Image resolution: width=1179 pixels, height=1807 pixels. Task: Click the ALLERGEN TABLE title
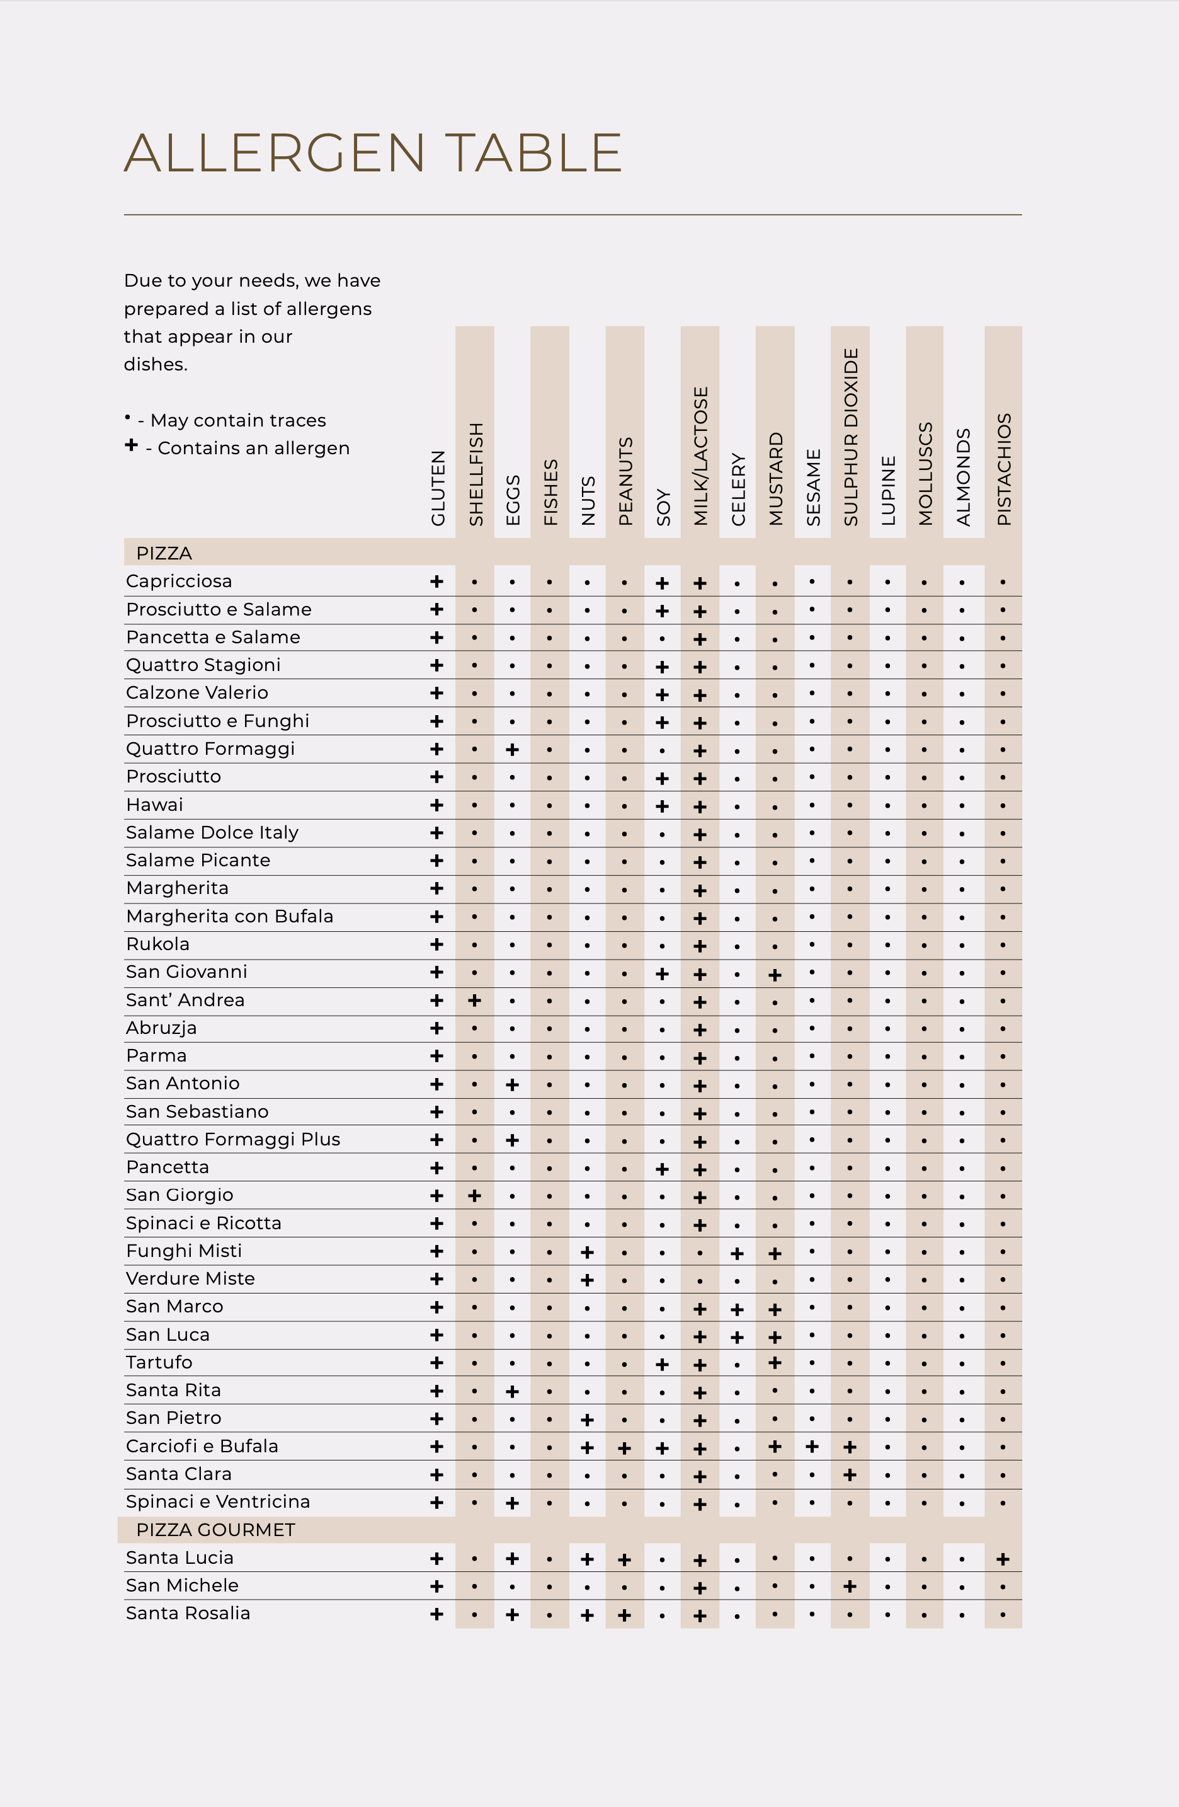(373, 152)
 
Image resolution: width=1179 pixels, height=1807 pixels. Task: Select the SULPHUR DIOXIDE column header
(850, 437)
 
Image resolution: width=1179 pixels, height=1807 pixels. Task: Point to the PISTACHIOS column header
(1004, 469)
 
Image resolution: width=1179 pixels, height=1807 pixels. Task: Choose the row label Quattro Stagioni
(203, 665)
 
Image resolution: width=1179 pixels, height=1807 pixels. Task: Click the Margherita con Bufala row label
(229, 916)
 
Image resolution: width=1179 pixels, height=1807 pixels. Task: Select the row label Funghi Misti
(184, 1251)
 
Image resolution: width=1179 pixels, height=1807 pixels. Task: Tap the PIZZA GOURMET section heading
(215, 1530)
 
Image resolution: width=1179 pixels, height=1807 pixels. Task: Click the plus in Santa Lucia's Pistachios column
(1003, 1559)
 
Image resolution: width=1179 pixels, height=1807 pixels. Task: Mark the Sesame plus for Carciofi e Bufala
(812, 1447)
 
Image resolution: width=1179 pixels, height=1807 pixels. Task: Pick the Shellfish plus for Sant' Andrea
(474, 1001)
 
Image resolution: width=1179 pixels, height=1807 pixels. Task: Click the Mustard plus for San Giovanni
(775, 974)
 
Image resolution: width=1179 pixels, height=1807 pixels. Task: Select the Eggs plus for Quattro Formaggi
(513, 749)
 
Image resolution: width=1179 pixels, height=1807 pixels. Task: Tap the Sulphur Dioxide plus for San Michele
(850, 1586)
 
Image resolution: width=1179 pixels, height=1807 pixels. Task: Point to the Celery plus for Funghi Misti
(737, 1253)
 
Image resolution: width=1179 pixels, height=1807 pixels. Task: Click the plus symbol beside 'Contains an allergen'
(132, 445)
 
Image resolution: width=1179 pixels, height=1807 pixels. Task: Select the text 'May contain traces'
(238, 420)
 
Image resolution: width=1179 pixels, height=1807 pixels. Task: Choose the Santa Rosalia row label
(188, 1614)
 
